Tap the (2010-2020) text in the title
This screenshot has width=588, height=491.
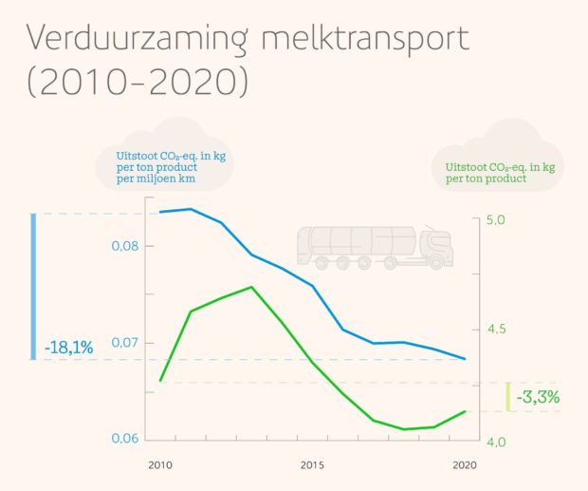tap(138, 82)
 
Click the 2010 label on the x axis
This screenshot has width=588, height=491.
tap(159, 465)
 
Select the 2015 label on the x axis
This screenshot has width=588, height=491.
tap(313, 465)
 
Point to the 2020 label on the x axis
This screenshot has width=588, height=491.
tap(464, 465)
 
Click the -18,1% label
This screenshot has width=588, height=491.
tap(68, 349)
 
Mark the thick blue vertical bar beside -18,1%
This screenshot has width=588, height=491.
tap(34, 287)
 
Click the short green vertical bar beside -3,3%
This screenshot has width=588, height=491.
tap(508, 397)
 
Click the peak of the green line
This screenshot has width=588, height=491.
tap(251, 287)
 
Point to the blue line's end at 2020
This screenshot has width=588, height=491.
tap(464, 359)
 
